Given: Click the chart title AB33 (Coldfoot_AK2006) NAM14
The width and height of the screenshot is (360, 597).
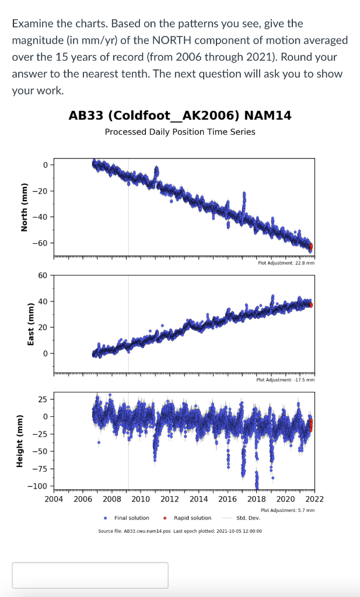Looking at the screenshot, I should coord(180,115).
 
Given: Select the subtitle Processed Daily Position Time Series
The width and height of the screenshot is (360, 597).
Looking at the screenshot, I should coord(180,132).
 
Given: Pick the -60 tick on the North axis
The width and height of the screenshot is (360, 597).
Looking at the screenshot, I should coord(44,243).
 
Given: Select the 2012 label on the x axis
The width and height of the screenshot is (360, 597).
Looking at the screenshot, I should coord(169,499).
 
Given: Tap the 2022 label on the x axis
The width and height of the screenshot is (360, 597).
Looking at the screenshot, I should coord(314,499).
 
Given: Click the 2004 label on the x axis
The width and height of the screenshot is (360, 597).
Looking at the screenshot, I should coord(54,499).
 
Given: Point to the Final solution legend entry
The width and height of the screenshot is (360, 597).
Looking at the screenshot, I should coord(131,518).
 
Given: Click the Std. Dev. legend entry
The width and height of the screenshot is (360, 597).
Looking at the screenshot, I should coord(248,518).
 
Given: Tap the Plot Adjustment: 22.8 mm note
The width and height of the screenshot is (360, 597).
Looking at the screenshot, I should coord(286,263).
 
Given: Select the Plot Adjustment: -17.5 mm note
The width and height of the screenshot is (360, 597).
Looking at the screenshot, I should coord(285,380).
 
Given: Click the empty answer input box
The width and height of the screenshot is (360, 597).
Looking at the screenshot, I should coord(90,575).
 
